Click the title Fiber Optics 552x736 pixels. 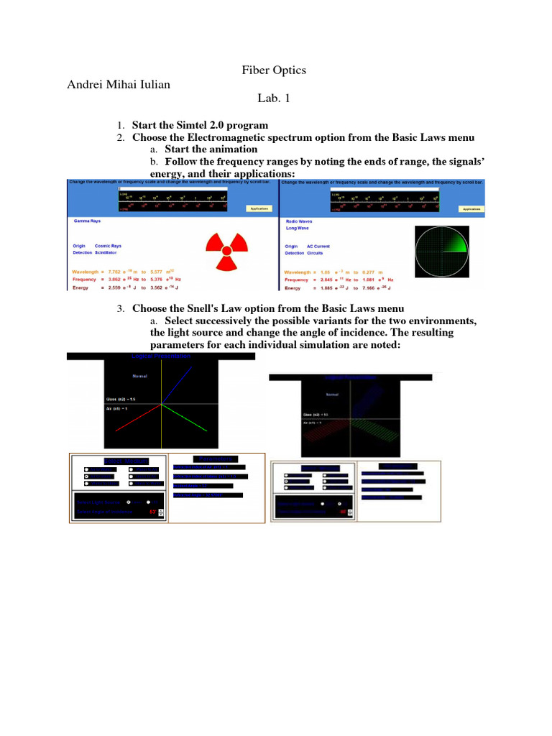pyautogui.click(x=275, y=70)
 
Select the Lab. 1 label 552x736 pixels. pyautogui.click(x=275, y=101)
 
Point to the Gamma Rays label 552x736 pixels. pyautogui.click(x=87, y=222)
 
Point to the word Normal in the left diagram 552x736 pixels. pyautogui.click(x=139, y=375)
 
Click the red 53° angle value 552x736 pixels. pyautogui.click(x=152, y=512)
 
